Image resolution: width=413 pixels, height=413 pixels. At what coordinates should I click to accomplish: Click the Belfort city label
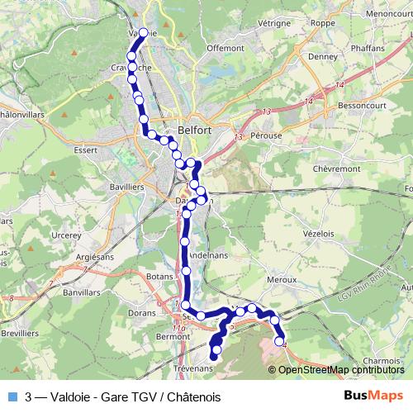tap(196, 130)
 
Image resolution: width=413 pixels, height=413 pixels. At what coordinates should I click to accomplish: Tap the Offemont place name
tap(225, 48)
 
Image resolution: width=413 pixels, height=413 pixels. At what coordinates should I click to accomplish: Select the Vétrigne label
tap(273, 25)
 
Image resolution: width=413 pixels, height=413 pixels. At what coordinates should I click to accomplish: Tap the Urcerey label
tap(65, 235)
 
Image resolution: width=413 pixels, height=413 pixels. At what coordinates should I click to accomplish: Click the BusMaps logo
tap(373, 396)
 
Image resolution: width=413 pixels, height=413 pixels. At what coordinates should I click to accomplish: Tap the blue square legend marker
tap(11, 396)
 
